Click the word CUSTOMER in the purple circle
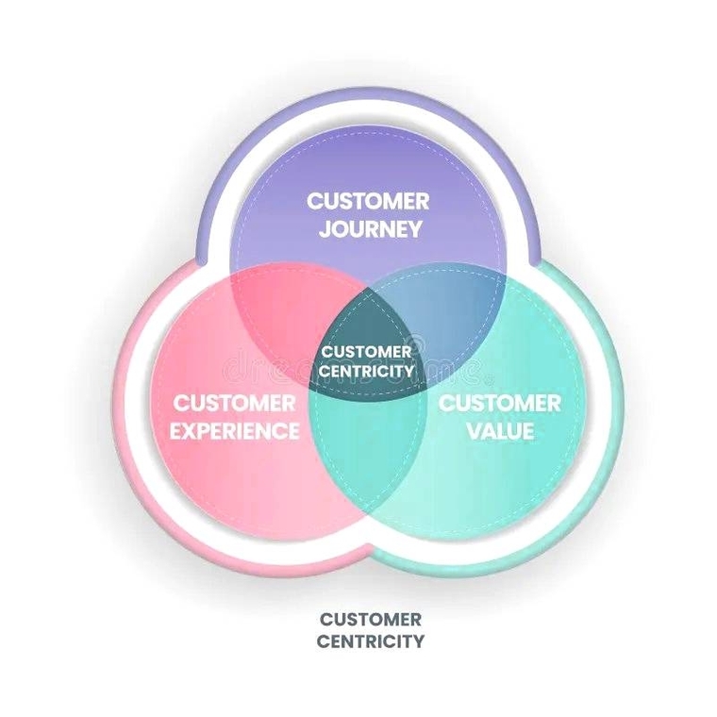(x=368, y=200)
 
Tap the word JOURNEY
(x=368, y=229)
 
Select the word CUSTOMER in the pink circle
(x=234, y=403)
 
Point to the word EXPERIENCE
(x=236, y=432)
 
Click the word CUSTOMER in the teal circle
(x=500, y=403)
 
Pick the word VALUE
(x=500, y=432)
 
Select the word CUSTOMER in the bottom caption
(x=370, y=620)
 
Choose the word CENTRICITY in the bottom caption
(x=370, y=642)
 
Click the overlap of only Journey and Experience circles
(x=283, y=302)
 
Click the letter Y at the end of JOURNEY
(x=414, y=229)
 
